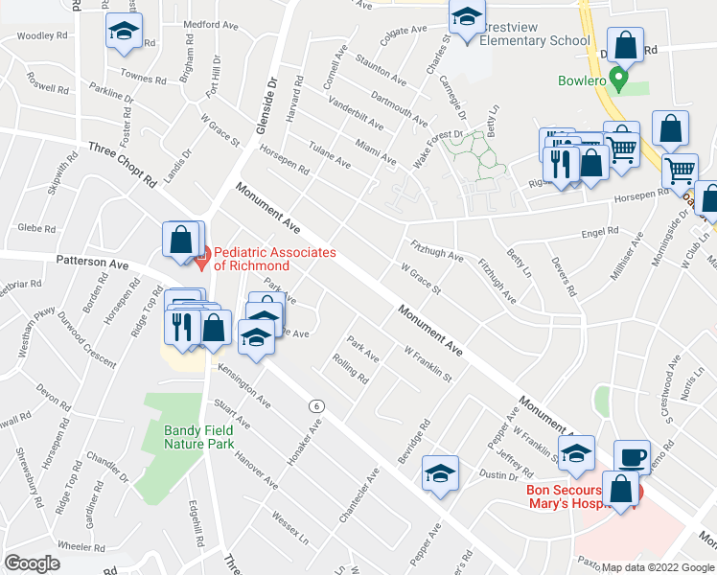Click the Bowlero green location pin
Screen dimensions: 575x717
coord(619,78)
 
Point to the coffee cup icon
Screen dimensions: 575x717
coord(632,458)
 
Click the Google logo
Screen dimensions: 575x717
coord(32,563)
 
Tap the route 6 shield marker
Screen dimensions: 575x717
coord(314,405)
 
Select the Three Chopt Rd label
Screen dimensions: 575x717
coord(122,163)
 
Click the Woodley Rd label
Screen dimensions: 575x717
coord(42,35)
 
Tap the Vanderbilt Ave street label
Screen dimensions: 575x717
coord(356,113)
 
